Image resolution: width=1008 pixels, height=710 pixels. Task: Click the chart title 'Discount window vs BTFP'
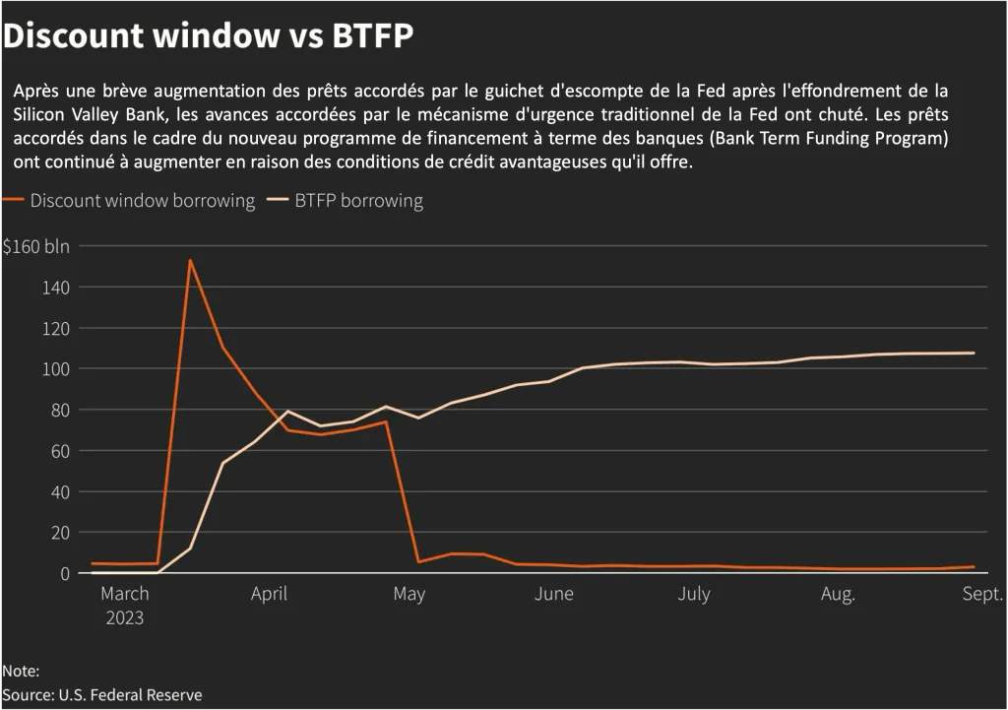tap(209, 36)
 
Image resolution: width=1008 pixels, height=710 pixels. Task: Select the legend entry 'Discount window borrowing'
tap(142, 201)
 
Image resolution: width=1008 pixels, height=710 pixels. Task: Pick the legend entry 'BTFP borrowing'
tap(358, 201)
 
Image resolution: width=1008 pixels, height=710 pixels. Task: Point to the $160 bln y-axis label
tap(36, 246)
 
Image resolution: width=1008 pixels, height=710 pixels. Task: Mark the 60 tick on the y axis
tap(58, 451)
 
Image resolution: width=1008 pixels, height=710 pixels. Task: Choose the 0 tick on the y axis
tap(63, 573)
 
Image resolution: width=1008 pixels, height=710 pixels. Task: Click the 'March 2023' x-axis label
tap(125, 606)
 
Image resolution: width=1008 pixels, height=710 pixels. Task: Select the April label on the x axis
tap(269, 594)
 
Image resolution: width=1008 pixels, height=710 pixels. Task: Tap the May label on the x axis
tap(409, 594)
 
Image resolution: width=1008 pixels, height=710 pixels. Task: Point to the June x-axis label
tap(554, 594)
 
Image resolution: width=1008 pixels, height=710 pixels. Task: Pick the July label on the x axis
tap(694, 594)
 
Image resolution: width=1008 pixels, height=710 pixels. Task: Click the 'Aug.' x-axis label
tap(838, 594)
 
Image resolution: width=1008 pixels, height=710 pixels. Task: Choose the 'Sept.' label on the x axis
tap(982, 594)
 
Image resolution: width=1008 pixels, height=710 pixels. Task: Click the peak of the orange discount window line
tap(190, 260)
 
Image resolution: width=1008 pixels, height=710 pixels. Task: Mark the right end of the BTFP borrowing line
tap(974, 353)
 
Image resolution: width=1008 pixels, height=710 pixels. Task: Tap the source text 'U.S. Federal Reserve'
tap(130, 695)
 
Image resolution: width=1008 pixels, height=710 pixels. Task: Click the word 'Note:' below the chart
tap(21, 672)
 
